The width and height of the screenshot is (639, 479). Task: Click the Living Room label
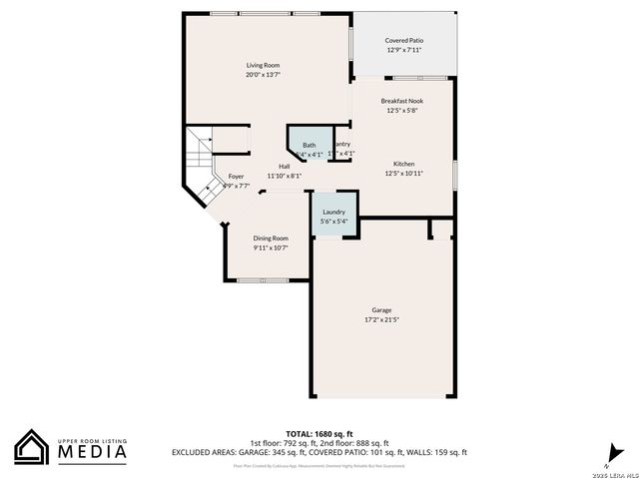click(x=263, y=65)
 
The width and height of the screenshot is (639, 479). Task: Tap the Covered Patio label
click(x=404, y=40)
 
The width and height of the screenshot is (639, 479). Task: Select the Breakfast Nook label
click(x=403, y=101)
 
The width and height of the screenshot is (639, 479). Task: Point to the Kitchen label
click(x=403, y=164)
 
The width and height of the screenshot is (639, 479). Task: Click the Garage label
click(x=381, y=310)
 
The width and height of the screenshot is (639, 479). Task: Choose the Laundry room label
click(x=333, y=212)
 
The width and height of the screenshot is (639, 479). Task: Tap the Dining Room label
click(x=270, y=238)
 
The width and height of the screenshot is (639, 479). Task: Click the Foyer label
click(x=236, y=176)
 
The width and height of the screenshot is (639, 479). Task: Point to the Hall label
click(x=284, y=166)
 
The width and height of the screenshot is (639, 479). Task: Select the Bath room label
click(x=309, y=146)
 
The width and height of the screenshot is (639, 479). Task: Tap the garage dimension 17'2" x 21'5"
click(x=381, y=320)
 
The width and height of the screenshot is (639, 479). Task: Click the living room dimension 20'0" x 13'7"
click(x=263, y=75)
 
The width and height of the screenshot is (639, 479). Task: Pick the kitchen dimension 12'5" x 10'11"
click(x=403, y=174)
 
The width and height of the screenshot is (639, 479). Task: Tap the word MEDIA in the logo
click(x=91, y=452)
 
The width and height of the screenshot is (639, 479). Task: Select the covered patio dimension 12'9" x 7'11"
click(x=404, y=50)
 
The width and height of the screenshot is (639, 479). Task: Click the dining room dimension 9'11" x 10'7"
click(x=270, y=247)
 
